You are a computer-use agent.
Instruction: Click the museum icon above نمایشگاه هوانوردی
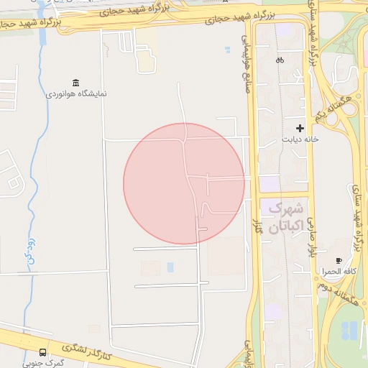(x=75, y=83)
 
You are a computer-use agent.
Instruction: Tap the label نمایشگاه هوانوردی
(x=77, y=94)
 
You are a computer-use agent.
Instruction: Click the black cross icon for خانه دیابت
(x=300, y=127)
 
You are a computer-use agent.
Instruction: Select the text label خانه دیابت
(x=300, y=139)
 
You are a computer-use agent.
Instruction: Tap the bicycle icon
(x=280, y=60)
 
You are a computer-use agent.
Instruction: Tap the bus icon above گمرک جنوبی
(x=43, y=352)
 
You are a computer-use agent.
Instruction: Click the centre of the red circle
(x=184, y=183)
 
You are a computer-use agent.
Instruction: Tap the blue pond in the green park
(x=349, y=331)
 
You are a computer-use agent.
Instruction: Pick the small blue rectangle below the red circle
(x=170, y=267)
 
